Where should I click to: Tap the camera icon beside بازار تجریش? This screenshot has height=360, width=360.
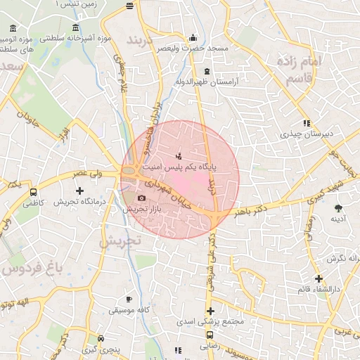coord(141,199)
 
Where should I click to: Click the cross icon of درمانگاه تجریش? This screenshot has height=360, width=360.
coord(79,191)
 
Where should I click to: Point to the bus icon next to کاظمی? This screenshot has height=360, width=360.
coord(33,192)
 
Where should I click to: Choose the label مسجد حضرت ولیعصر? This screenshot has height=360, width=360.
coord(193,49)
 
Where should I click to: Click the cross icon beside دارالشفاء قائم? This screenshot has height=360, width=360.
coord(319,279)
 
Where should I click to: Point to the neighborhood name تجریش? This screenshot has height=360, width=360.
coord(120,241)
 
